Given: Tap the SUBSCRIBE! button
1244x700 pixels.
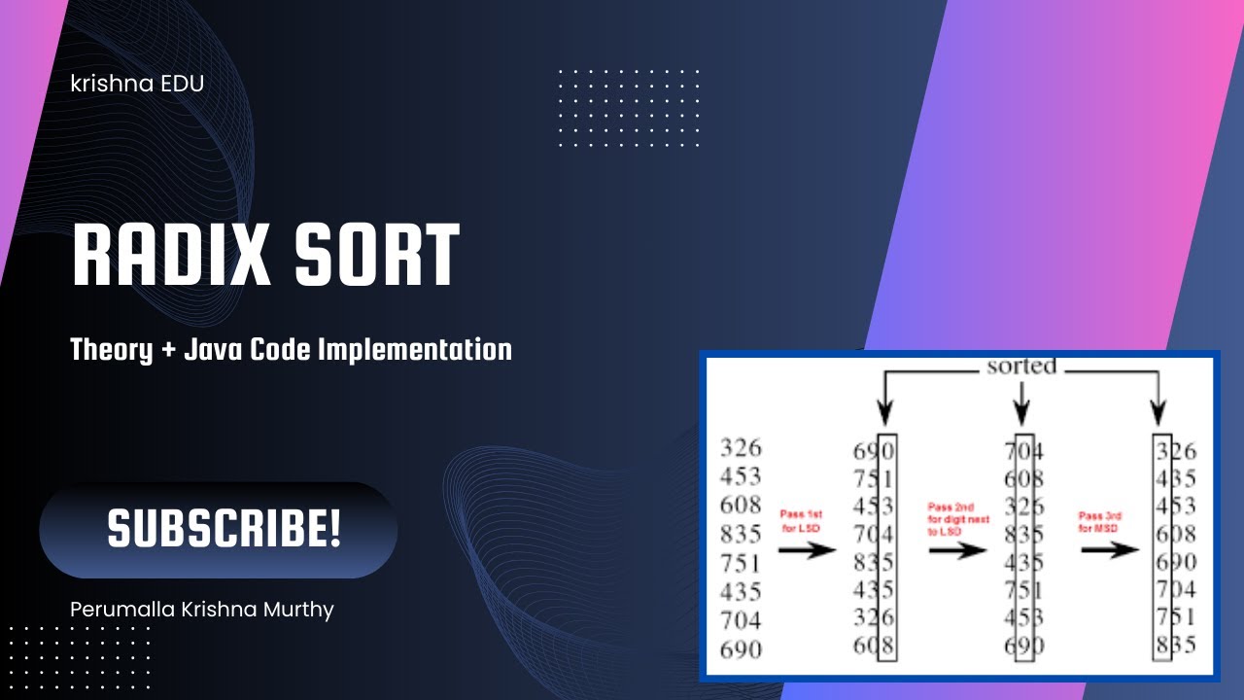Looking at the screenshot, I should tap(223, 529).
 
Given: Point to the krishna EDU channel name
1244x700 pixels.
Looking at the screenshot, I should tap(137, 84).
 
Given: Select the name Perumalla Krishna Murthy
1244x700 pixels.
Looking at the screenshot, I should tap(202, 610).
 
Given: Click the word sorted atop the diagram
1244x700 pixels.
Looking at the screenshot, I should tap(1020, 367).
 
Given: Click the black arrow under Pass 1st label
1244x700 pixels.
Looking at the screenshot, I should tap(808, 550).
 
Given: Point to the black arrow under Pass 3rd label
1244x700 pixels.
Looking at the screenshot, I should tap(1110, 550).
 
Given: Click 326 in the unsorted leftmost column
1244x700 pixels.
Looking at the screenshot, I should tap(741, 448).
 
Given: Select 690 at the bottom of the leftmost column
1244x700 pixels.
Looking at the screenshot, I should tap(741, 648).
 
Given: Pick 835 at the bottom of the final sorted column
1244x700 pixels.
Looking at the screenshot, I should tap(1176, 645).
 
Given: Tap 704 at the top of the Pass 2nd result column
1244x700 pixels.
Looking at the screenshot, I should tap(1024, 451).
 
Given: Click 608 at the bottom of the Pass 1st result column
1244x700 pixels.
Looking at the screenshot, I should tap(874, 645).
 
